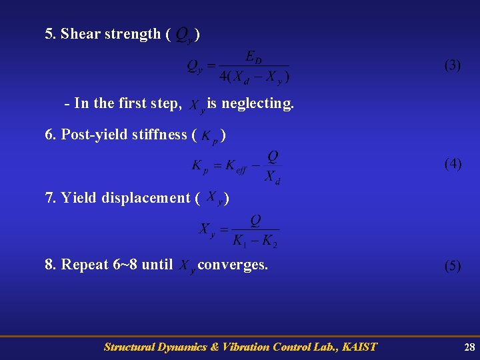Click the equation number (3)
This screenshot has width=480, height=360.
click(x=453, y=65)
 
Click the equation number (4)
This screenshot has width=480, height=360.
click(x=453, y=164)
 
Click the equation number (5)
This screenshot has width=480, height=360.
click(x=453, y=265)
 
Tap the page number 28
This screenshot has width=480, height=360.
click(x=469, y=347)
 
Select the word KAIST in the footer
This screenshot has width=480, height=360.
click(x=360, y=347)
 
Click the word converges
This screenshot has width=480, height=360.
click(x=233, y=265)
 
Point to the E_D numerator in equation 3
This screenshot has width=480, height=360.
click(x=254, y=56)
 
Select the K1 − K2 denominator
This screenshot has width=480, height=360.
click(x=255, y=240)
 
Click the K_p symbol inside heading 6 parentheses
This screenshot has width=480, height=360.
click(x=209, y=136)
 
